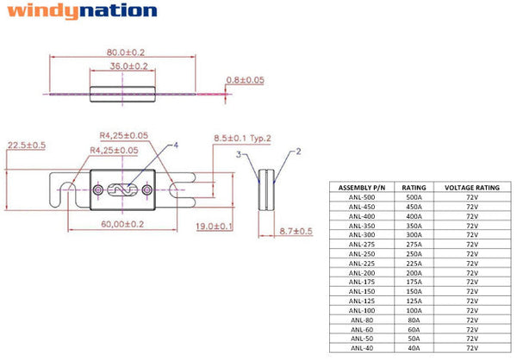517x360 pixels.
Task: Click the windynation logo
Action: pyautogui.click(x=82, y=11)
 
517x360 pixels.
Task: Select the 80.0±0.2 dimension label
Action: pyautogui.click(x=126, y=52)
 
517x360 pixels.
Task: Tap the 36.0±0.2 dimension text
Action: pyautogui.click(x=129, y=66)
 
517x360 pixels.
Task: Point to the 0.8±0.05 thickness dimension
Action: pyautogui.click(x=246, y=80)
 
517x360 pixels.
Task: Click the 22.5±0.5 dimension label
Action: pyautogui.click(x=27, y=145)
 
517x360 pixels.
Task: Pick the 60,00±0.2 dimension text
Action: pyautogui.click(x=122, y=224)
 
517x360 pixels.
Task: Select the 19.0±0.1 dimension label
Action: pyautogui.click(x=215, y=227)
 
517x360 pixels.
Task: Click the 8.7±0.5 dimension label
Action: pyautogui.click(x=296, y=231)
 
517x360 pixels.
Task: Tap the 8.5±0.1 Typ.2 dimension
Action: pyautogui.click(x=242, y=138)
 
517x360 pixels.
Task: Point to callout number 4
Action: pyautogui.click(x=176, y=145)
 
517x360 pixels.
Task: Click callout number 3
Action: pyautogui.click(x=239, y=154)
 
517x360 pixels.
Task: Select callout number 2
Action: pyautogui.click(x=298, y=152)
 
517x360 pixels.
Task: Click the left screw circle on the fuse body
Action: pyautogui.click(x=97, y=189)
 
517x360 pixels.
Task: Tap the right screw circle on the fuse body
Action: pyautogui.click(x=147, y=189)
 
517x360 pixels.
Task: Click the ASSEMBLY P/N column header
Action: pyautogui.click(x=362, y=188)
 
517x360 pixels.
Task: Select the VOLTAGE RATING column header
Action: pyautogui.click(x=472, y=188)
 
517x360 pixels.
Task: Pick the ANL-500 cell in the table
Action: pyautogui.click(x=362, y=197)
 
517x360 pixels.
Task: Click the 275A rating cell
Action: pyautogui.click(x=414, y=245)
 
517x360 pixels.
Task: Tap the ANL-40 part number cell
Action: pyautogui.click(x=362, y=348)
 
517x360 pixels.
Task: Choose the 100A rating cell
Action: pyautogui.click(x=414, y=310)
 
